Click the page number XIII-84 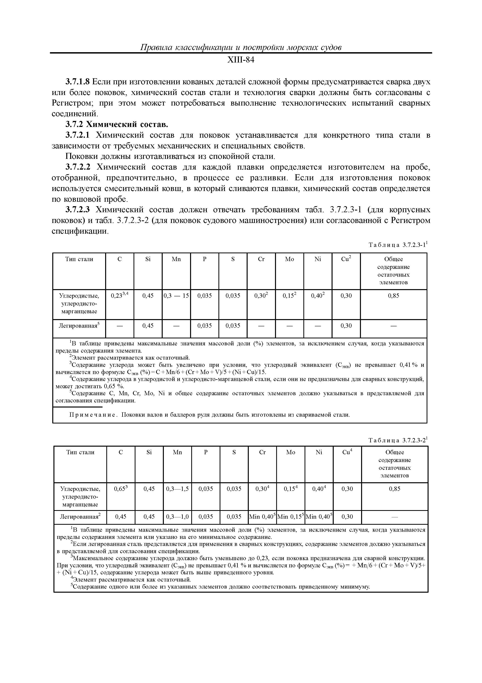point(241,60)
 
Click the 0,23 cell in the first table point(119,296)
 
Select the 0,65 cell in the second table point(120,489)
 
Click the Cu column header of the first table point(346,259)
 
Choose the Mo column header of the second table point(290,452)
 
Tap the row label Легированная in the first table point(79,326)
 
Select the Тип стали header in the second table point(80,452)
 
